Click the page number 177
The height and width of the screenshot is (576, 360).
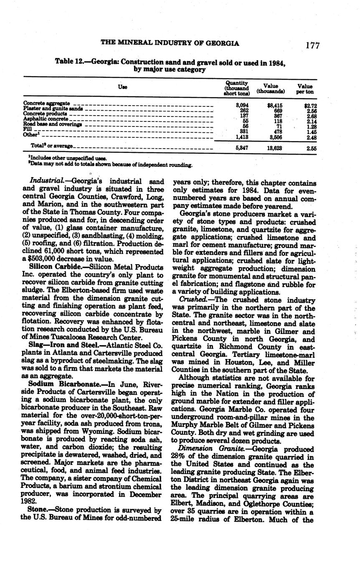click(312, 45)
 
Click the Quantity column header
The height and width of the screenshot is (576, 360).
click(237, 88)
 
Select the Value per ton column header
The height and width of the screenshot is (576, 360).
click(305, 88)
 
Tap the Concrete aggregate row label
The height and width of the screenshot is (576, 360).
click(46, 103)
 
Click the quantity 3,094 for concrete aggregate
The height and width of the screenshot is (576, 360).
click(242, 106)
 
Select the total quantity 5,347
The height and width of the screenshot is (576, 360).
click(242, 147)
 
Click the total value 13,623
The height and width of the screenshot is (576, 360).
click(274, 147)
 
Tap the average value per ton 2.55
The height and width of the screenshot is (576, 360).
click(311, 147)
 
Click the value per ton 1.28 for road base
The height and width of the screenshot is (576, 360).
click(311, 126)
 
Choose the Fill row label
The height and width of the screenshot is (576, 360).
click(27, 129)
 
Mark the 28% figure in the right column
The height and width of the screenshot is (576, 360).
click(178, 457)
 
